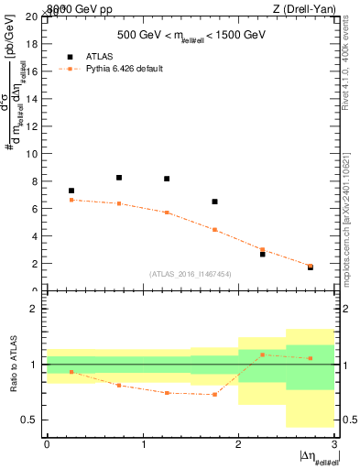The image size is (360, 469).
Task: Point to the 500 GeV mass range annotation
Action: point(191,35)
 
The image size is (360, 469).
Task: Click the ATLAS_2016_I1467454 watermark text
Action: point(191,273)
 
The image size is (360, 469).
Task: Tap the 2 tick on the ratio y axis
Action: point(37,310)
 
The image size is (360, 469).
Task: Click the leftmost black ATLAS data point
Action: point(71,191)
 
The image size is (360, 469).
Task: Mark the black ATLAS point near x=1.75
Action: point(214,202)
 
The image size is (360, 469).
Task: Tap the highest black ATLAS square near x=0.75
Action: point(119,178)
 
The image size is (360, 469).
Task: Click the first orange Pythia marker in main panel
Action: point(71,200)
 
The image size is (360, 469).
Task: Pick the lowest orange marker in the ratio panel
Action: point(214,395)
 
